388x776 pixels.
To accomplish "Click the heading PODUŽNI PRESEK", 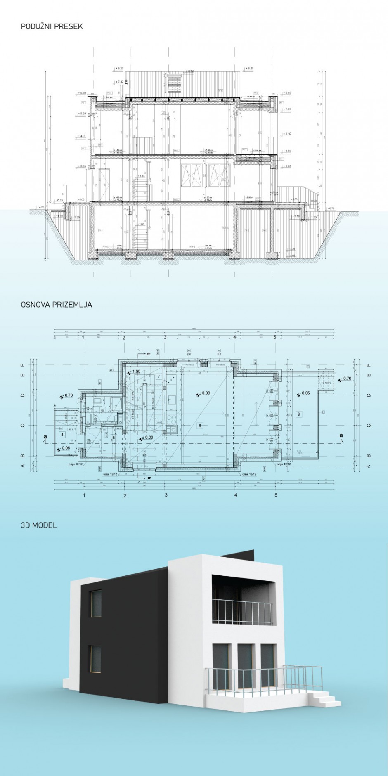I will tap(52, 26).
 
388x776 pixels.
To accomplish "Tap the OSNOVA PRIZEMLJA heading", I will tap(56, 305).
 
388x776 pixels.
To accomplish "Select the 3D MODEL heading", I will tap(39, 525).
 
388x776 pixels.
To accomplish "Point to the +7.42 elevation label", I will tap(120, 82).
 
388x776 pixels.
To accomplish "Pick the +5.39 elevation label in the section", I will tap(81, 114).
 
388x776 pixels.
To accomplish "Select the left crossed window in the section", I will tap(192, 175).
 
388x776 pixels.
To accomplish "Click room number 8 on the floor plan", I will tap(200, 426).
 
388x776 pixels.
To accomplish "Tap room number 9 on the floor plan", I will tap(299, 414).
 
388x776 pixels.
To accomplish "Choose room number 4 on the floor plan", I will tap(62, 435).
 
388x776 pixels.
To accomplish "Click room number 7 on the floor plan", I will tap(159, 376).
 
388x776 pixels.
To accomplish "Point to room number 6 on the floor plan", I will tap(102, 411).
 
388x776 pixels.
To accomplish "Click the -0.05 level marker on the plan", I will tap(305, 393).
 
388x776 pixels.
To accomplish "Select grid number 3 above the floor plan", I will tap(165, 337).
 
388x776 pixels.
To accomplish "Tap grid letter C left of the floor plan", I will tap(23, 426).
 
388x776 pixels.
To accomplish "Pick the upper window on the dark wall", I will tap(96, 603).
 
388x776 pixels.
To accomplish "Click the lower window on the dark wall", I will tap(95, 660).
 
